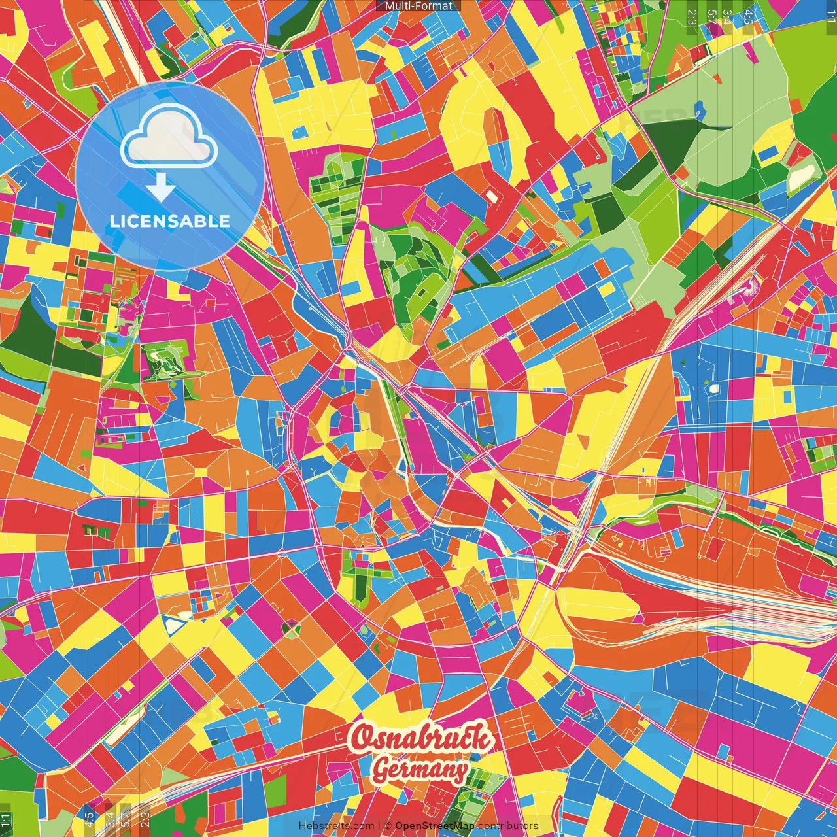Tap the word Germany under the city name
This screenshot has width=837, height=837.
(x=420, y=770)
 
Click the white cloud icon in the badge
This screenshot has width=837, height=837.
(x=169, y=137)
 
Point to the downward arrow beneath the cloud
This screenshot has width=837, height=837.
(x=160, y=188)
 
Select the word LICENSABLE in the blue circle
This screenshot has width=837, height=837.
(x=170, y=221)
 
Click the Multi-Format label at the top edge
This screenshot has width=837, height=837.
(x=418, y=6)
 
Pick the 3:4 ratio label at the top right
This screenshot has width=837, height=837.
(x=727, y=17)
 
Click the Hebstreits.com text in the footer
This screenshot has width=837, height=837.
(x=336, y=826)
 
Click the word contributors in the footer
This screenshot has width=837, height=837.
(x=508, y=826)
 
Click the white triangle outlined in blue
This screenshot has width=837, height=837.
(x=173, y=625)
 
